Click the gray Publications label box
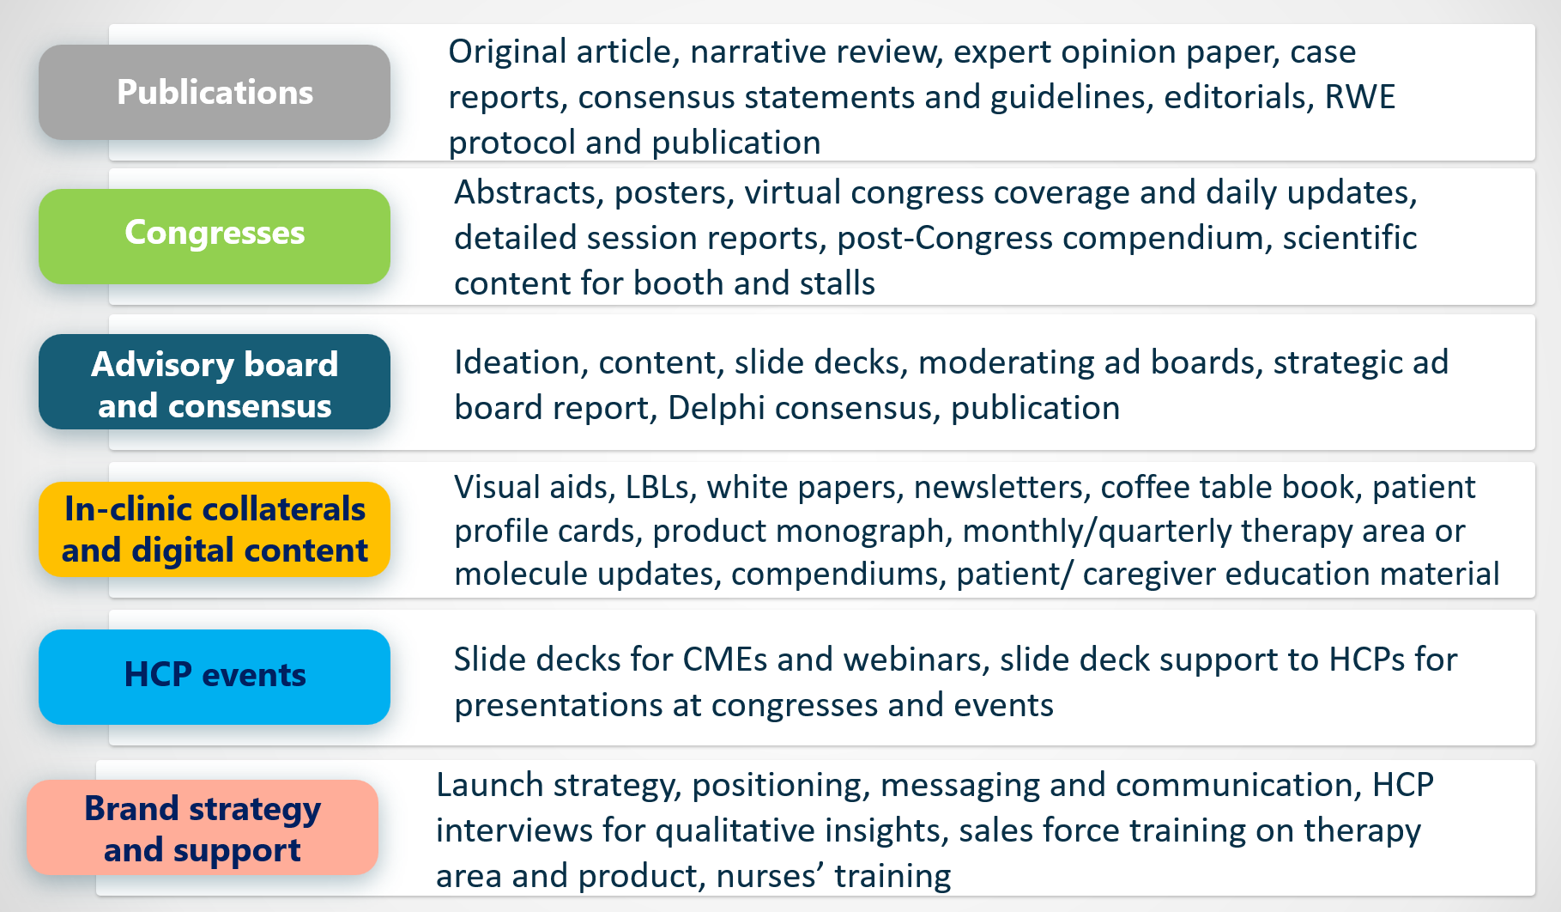click(215, 93)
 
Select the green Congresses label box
click(215, 236)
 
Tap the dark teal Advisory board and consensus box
click(215, 382)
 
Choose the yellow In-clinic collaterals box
click(215, 529)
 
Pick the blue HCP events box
click(215, 677)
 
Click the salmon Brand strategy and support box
click(203, 828)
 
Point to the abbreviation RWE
click(1360, 97)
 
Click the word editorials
click(1238, 97)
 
